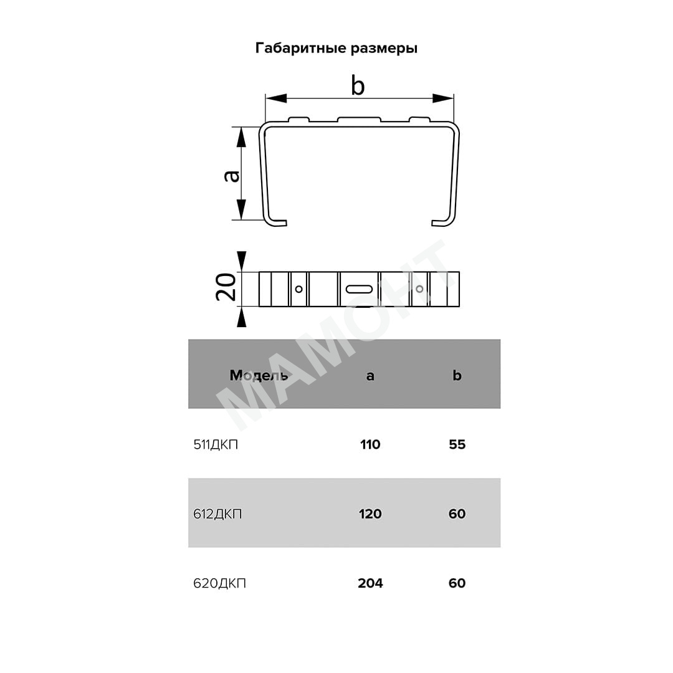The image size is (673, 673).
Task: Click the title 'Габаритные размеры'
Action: click(336, 48)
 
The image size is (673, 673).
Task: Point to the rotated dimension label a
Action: click(232, 176)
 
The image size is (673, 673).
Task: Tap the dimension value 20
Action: click(226, 286)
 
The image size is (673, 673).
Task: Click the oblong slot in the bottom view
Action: click(359, 289)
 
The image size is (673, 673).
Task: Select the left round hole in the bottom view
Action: click(298, 289)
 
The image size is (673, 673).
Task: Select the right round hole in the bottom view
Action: click(419, 289)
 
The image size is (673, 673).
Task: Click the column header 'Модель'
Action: click(259, 375)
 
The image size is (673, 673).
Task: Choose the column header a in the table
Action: click(370, 376)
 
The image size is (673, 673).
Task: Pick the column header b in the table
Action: click(457, 375)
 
